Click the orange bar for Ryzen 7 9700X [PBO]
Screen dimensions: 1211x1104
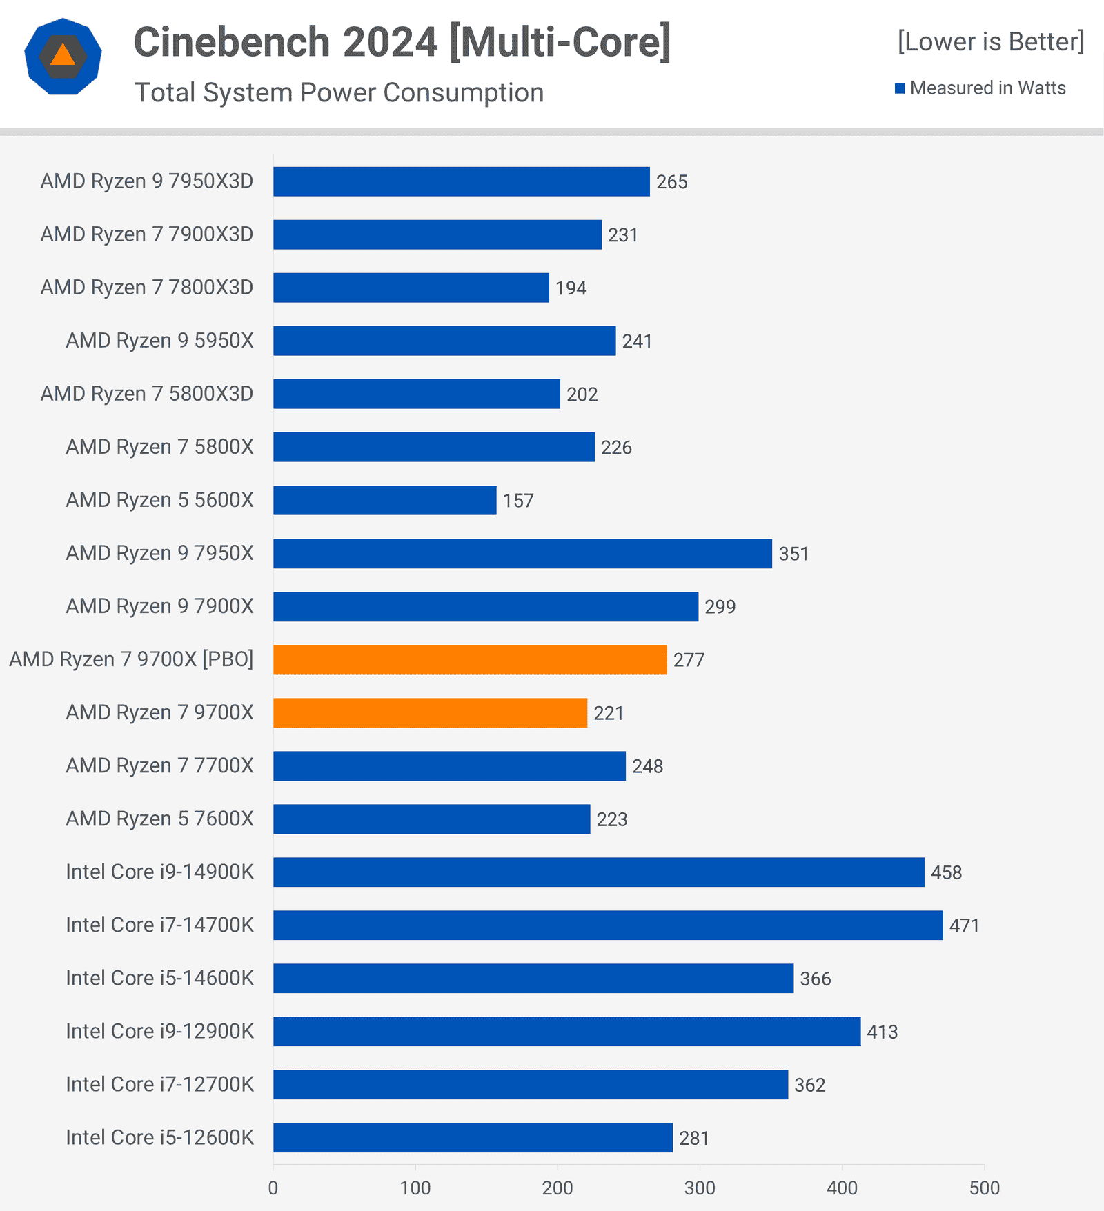pyautogui.click(x=470, y=660)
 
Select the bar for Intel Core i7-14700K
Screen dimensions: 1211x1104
pyautogui.click(x=608, y=925)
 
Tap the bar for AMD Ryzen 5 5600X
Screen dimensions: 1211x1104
pyautogui.click(x=384, y=501)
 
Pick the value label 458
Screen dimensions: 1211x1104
pyautogui.click(x=946, y=873)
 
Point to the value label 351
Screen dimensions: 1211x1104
pyautogui.click(x=793, y=554)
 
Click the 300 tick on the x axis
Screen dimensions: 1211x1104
pyautogui.click(x=700, y=1188)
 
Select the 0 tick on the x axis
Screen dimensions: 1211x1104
pyautogui.click(x=273, y=1188)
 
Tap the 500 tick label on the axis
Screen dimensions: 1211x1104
pyautogui.click(x=984, y=1188)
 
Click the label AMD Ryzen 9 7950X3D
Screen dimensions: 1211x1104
pyautogui.click(x=147, y=181)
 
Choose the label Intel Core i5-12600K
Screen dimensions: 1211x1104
pyautogui.click(x=159, y=1137)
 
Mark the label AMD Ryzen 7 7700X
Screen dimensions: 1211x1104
pyautogui.click(x=159, y=765)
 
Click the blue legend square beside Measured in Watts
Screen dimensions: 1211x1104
pyautogui.click(x=900, y=88)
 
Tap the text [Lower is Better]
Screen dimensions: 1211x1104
pyautogui.click(x=990, y=42)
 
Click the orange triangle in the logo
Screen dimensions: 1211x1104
pyautogui.click(x=63, y=55)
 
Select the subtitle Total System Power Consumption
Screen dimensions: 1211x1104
pyautogui.click(x=339, y=92)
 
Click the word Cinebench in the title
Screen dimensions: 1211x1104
pyautogui.click(x=232, y=42)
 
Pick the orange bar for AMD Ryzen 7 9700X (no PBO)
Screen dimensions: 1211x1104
pyautogui.click(x=430, y=713)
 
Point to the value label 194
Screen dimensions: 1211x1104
pyautogui.click(x=571, y=288)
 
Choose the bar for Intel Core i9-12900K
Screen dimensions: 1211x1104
pyautogui.click(x=566, y=1032)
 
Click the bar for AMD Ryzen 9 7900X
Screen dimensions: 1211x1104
pyautogui.click(x=485, y=607)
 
